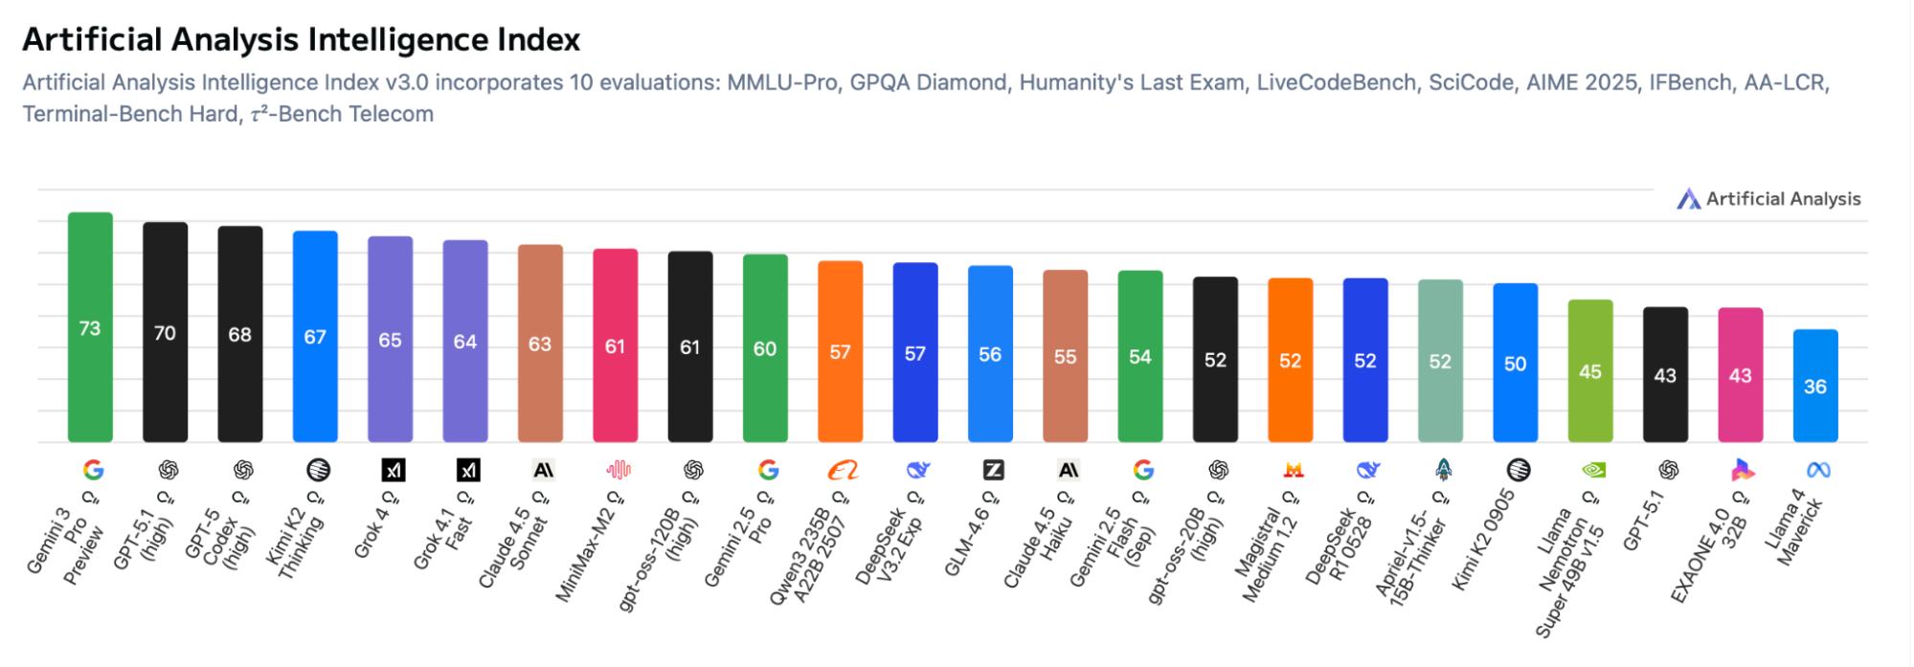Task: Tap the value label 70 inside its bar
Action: [x=165, y=333]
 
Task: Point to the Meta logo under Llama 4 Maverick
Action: [x=1817, y=470]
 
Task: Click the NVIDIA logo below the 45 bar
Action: [x=1592, y=470]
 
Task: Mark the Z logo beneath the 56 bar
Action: [x=993, y=470]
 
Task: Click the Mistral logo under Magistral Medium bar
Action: [x=1293, y=470]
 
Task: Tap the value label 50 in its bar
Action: [x=1515, y=364]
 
